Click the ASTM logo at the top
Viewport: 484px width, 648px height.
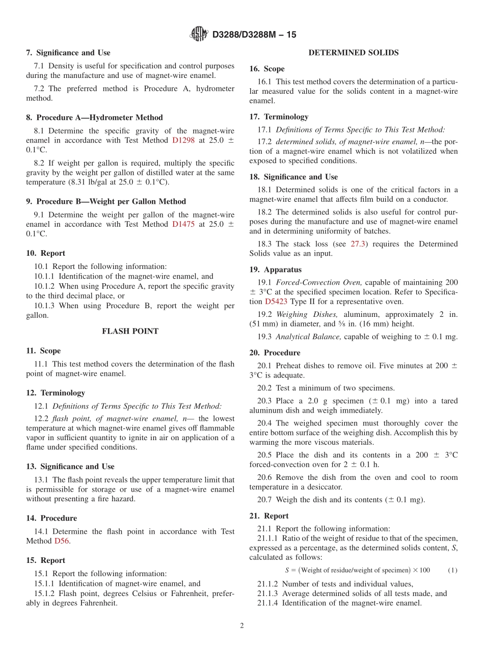click(199, 34)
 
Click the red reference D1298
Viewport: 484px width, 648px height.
click(183, 140)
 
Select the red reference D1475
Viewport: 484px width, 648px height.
click(183, 224)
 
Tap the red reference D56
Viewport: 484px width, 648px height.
click(62, 541)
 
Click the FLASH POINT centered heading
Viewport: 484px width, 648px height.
click(130, 331)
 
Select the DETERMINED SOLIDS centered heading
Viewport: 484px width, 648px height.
click(354, 52)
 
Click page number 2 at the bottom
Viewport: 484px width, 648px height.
click(242, 626)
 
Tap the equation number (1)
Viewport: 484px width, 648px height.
click(452, 570)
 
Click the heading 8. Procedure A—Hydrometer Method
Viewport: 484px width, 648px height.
click(94, 117)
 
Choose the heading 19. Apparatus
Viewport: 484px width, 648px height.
click(275, 269)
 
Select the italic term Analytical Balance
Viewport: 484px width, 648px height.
click(308, 336)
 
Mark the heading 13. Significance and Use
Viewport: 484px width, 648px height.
click(70, 466)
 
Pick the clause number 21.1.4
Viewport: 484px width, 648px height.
click(268, 603)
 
